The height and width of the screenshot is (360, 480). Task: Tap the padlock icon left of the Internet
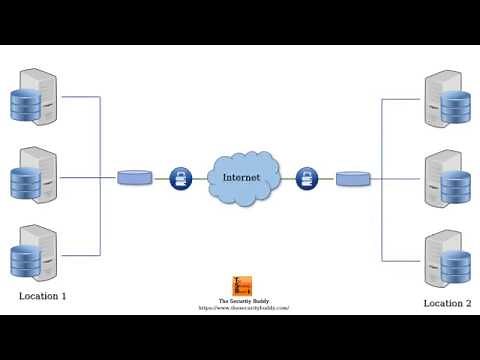pyautogui.click(x=181, y=178)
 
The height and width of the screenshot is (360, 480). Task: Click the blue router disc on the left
pyautogui.click(x=134, y=177)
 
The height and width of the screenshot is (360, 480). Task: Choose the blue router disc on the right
pyautogui.click(x=352, y=179)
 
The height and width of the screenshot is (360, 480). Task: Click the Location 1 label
pyautogui.click(x=42, y=297)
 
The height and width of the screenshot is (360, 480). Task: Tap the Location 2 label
pyautogui.click(x=447, y=302)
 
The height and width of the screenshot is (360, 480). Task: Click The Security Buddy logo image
pyautogui.click(x=243, y=286)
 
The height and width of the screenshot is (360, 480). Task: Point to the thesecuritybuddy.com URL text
pyautogui.click(x=244, y=308)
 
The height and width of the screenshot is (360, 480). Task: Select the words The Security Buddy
pyautogui.click(x=244, y=301)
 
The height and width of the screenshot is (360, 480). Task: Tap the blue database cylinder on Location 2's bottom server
pyautogui.click(x=455, y=265)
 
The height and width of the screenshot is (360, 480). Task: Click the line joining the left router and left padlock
pyautogui.click(x=161, y=178)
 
